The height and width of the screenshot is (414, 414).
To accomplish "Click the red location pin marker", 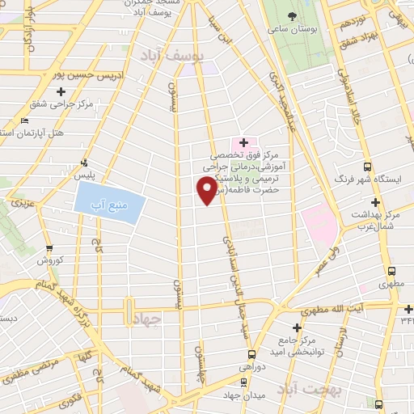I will pyautogui.click(x=208, y=188).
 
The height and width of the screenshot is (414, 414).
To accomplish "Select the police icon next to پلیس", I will pyautogui.click(x=85, y=161).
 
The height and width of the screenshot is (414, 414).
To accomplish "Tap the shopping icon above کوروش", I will pyautogui.click(x=49, y=250).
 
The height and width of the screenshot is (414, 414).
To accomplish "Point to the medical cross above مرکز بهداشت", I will pyautogui.click(x=375, y=202).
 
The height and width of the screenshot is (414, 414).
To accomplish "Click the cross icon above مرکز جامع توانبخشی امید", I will pyautogui.click(x=298, y=327).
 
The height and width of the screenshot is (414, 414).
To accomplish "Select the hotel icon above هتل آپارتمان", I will pyautogui.click(x=23, y=120).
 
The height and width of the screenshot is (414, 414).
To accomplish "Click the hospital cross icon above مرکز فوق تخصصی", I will pyautogui.click(x=243, y=142).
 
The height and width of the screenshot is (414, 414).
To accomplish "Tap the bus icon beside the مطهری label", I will pyautogui.click(x=391, y=271).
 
